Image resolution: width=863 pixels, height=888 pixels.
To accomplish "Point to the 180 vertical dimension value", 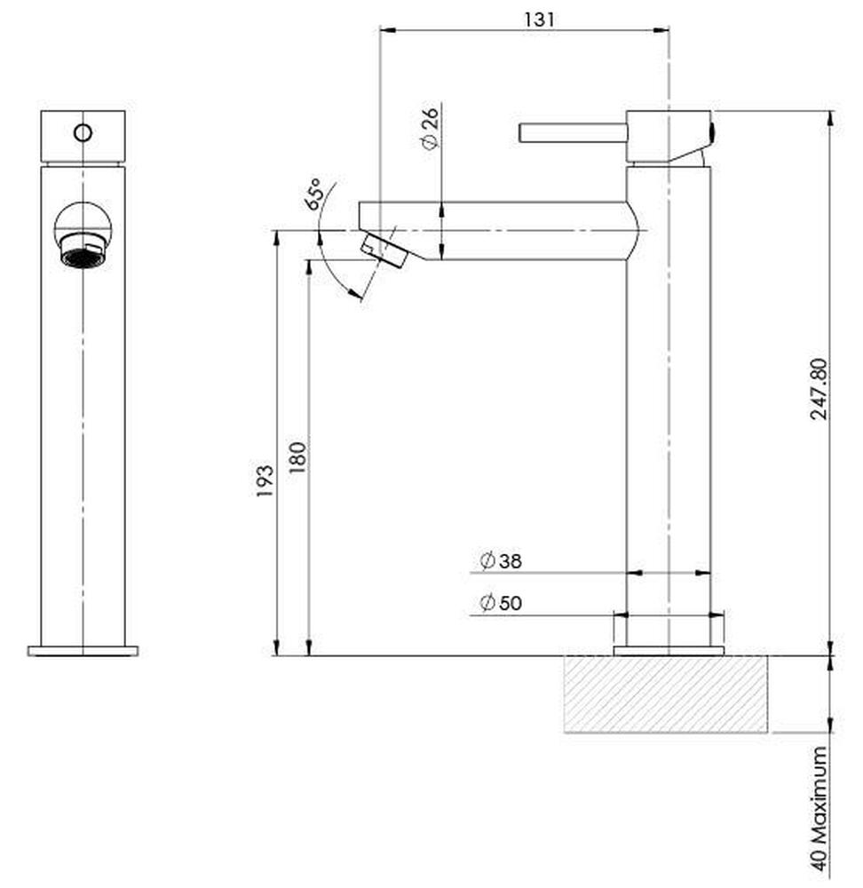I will tap(297, 457).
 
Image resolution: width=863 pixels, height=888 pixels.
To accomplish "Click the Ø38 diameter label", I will tap(501, 560).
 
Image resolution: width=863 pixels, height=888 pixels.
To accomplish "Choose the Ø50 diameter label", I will tap(501, 603).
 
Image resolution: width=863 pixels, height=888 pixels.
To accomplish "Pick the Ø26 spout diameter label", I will tap(430, 129).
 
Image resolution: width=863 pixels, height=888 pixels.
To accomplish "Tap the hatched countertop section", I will tap(666, 694).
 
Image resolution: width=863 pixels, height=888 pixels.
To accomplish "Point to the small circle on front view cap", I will tap(83, 133).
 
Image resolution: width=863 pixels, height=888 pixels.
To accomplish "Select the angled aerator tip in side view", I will tap(384, 250).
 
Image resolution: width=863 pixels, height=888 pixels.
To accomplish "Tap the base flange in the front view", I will tap(83, 651).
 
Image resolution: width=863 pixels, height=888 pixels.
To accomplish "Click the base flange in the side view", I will tap(669, 651).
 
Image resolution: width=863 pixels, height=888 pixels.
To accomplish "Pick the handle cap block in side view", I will tap(668, 136).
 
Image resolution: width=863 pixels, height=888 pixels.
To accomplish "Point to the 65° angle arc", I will tap(323, 258).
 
